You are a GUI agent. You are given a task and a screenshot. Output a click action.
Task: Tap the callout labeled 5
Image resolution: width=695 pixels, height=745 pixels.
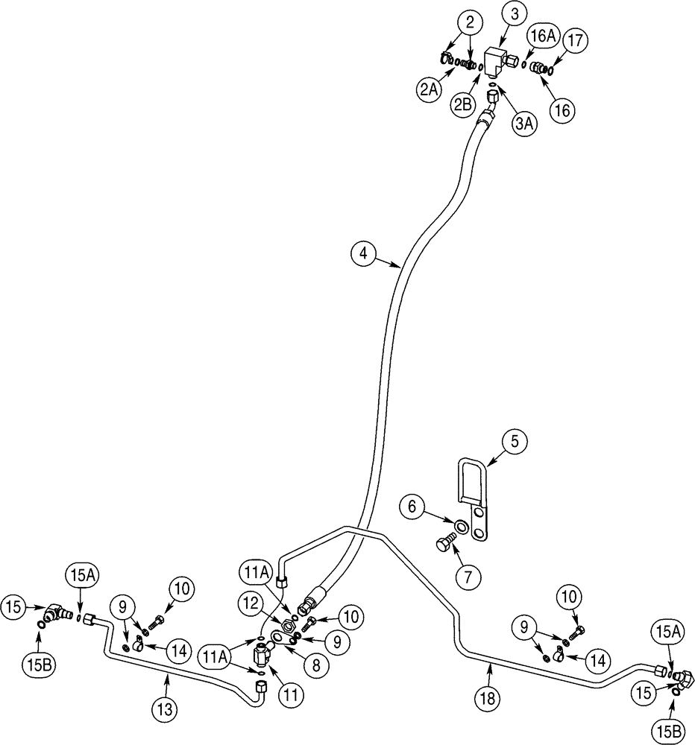514,440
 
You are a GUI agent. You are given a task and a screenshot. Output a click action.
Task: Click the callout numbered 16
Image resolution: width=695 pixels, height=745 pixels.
562,110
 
